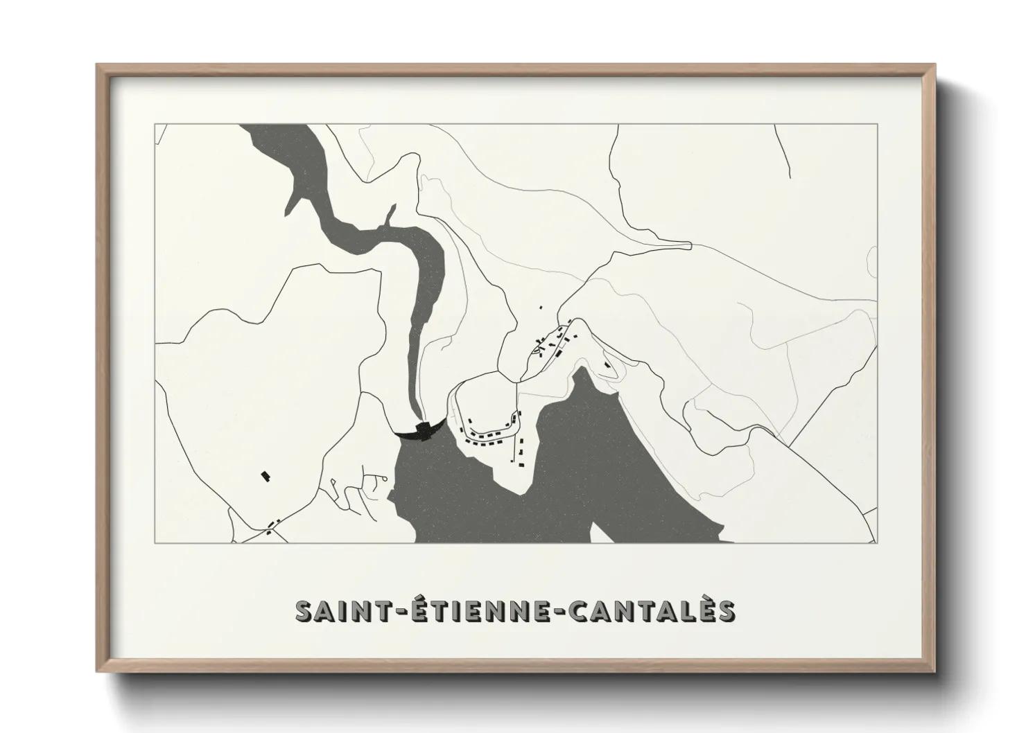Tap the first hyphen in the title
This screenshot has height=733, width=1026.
(x=398, y=612)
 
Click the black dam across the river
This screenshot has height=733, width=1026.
(x=419, y=431)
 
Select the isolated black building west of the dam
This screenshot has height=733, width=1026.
(x=264, y=475)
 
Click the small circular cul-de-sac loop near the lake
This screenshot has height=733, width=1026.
(x=379, y=477)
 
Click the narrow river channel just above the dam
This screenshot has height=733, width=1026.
(x=416, y=395)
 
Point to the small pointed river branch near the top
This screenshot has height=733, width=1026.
(x=392, y=208)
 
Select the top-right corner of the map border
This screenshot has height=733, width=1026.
(x=877, y=124)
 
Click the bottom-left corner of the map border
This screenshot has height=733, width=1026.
(x=155, y=542)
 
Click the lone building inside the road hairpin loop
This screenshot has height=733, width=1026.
(x=607, y=364)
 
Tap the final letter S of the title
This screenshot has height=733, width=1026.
(x=725, y=611)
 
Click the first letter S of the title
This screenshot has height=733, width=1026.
(x=303, y=611)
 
